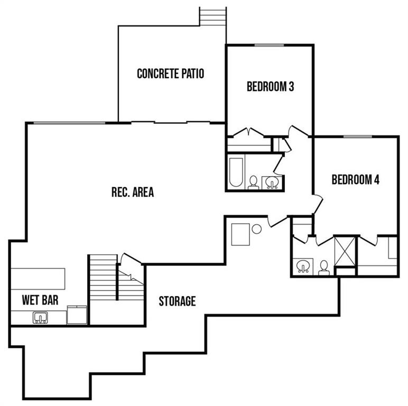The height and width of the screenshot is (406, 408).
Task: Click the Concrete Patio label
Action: click(170, 73)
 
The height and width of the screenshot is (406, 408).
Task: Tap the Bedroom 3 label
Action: click(271, 87)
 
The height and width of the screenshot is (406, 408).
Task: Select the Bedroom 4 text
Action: click(356, 180)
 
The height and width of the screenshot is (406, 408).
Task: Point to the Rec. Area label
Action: click(133, 192)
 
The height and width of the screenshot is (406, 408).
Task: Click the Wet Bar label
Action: click(40, 300)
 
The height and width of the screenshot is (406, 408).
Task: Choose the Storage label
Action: click(177, 301)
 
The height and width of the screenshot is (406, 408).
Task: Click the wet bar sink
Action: click(40, 318)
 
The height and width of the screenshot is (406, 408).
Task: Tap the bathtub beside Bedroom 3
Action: click(236, 172)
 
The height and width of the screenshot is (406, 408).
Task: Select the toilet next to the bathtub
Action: click(253, 182)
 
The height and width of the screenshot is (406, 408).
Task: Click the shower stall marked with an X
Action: click(345, 251)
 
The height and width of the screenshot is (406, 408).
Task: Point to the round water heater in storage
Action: click(256, 229)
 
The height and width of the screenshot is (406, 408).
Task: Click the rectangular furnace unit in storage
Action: click(240, 234)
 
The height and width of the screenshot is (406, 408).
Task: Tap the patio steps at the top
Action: click(212, 16)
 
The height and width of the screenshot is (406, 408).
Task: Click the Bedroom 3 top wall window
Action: click(269, 45)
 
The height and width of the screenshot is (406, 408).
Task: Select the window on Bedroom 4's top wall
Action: click(357, 136)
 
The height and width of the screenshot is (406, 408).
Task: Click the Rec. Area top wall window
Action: click(69, 123)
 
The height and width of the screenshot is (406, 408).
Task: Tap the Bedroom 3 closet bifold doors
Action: click(249, 132)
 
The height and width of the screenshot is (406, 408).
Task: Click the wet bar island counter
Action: click(38, 279)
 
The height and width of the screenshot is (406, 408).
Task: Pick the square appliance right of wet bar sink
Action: click(77, 315)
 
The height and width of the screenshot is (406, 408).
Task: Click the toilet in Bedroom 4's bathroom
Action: click(324, 268)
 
